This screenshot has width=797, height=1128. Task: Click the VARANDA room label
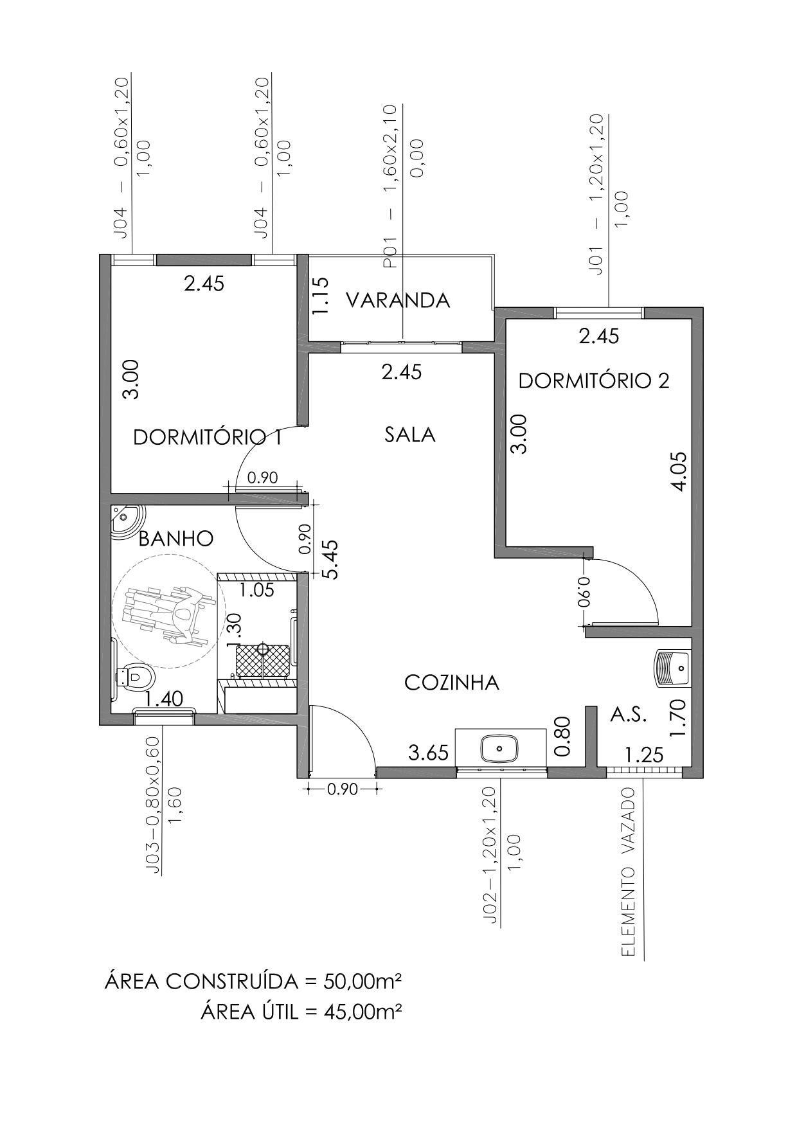pos(398,300)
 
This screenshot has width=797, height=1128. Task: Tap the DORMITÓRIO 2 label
pos(594,381)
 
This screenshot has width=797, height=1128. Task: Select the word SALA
pos(410,435)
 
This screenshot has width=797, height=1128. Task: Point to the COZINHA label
pos(452,683)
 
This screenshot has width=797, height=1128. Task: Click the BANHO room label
pos(176,538)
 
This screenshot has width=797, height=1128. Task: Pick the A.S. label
pos(628,715)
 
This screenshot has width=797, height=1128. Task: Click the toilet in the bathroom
pos(134,676)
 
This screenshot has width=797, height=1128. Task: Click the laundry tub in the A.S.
pos(672,668)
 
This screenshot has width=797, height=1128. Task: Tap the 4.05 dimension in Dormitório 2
pos(679,471)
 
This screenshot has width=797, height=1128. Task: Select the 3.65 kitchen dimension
pos(429,753)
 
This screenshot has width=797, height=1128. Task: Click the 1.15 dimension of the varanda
pos(320,295)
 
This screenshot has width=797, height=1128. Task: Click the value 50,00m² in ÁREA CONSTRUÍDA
pos(363,981)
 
